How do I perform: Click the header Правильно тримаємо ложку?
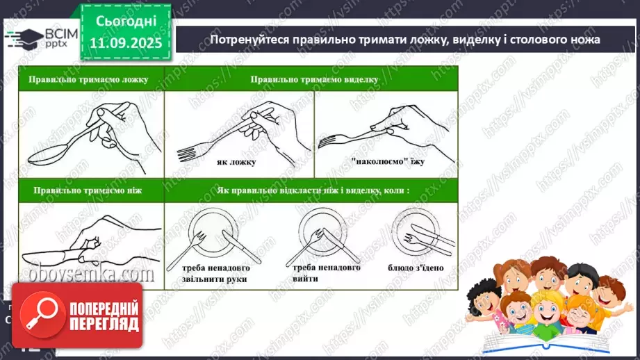point(89,79)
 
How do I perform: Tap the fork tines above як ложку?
point(190,151)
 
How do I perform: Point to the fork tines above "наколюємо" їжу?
point(328,141)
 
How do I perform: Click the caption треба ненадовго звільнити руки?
point(208,273)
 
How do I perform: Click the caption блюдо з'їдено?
point(416,268)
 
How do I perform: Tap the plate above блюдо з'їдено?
point(415,229)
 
